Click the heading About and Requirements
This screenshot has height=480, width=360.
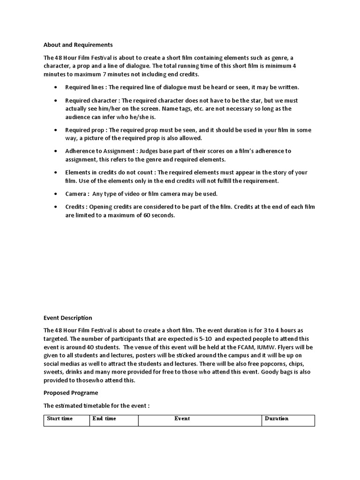(x=78, y=45)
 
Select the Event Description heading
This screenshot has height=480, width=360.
(x=67, y=318)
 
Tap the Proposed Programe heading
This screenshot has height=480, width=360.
(x=71, y=392)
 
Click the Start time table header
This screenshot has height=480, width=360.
(x=60, y=419)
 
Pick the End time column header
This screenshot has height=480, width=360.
(x=104, y=419)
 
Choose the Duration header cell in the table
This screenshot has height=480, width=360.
(x=277, y=419)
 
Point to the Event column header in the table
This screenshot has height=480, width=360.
(x=182, y=419)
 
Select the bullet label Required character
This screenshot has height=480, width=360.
(x=91, y=100)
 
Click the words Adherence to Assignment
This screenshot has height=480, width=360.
(x=99, y=151)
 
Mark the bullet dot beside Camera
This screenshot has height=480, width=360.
(x=56, y=194)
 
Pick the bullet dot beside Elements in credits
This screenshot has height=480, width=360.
(x=56, y=172)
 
